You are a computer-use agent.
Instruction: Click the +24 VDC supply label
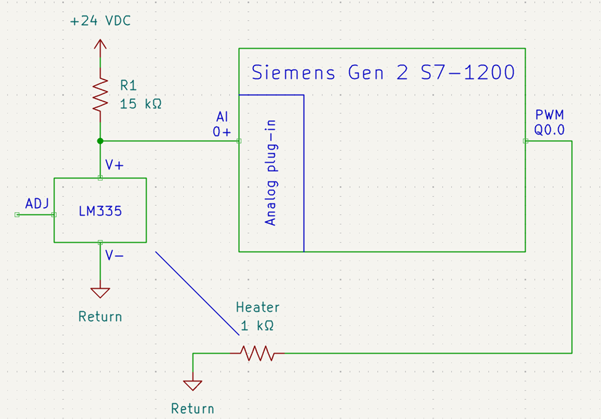click(100, 22)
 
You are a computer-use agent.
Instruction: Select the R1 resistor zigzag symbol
click(100, 94)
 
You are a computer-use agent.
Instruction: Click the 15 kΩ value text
click(140, 104)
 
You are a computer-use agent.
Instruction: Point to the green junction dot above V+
click(100, 141)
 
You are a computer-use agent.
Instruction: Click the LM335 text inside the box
click(100, 211)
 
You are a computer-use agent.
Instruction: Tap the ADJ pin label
click(37, 203)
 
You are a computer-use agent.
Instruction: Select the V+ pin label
click(114, 165)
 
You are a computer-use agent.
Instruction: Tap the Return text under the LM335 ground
click(100, 317)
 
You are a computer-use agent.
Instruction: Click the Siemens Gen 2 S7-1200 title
click(383, 73)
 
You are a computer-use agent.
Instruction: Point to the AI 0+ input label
click(222, 124)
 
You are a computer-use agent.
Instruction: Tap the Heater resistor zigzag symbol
click(257, 353)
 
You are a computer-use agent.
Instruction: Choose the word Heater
click(258, 307)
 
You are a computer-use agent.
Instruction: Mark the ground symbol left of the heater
click(193, 385)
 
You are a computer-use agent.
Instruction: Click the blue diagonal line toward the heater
click(197, 293)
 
